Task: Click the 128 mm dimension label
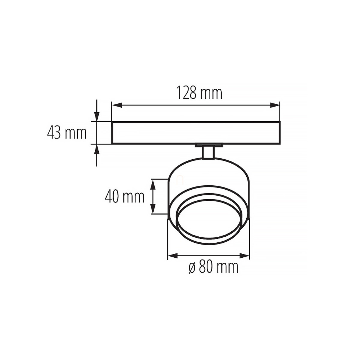(x=199, y=93)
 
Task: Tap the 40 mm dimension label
(x=124, y=197)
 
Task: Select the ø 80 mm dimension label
(x=214, y=267)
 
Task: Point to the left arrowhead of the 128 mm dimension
(x=117, y=105)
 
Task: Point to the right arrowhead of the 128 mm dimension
(x=275, y=105)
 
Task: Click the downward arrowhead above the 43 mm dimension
(x=97, y=117)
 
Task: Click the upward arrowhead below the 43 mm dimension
(x=97, y=149)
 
